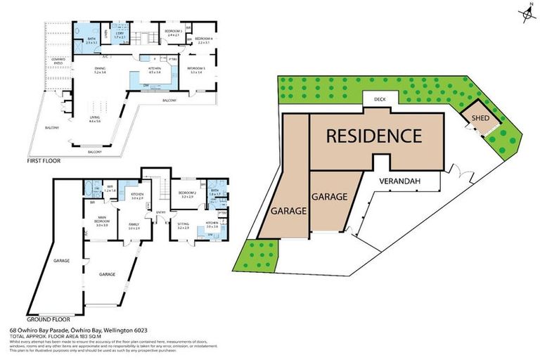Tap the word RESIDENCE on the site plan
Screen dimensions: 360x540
pyautogui.click(x=373, y=136)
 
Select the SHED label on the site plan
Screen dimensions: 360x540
pyautogui.click(x=481, y=119)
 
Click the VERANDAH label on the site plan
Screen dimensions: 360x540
pyautogui.click(x=399, y=181)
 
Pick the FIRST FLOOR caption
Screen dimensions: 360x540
pyautogui.click(x=44, y=161)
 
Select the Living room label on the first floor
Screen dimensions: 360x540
pyautogui.click(x=94, y=120)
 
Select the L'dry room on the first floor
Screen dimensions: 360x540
pyautogui.click(x=120, y=34)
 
